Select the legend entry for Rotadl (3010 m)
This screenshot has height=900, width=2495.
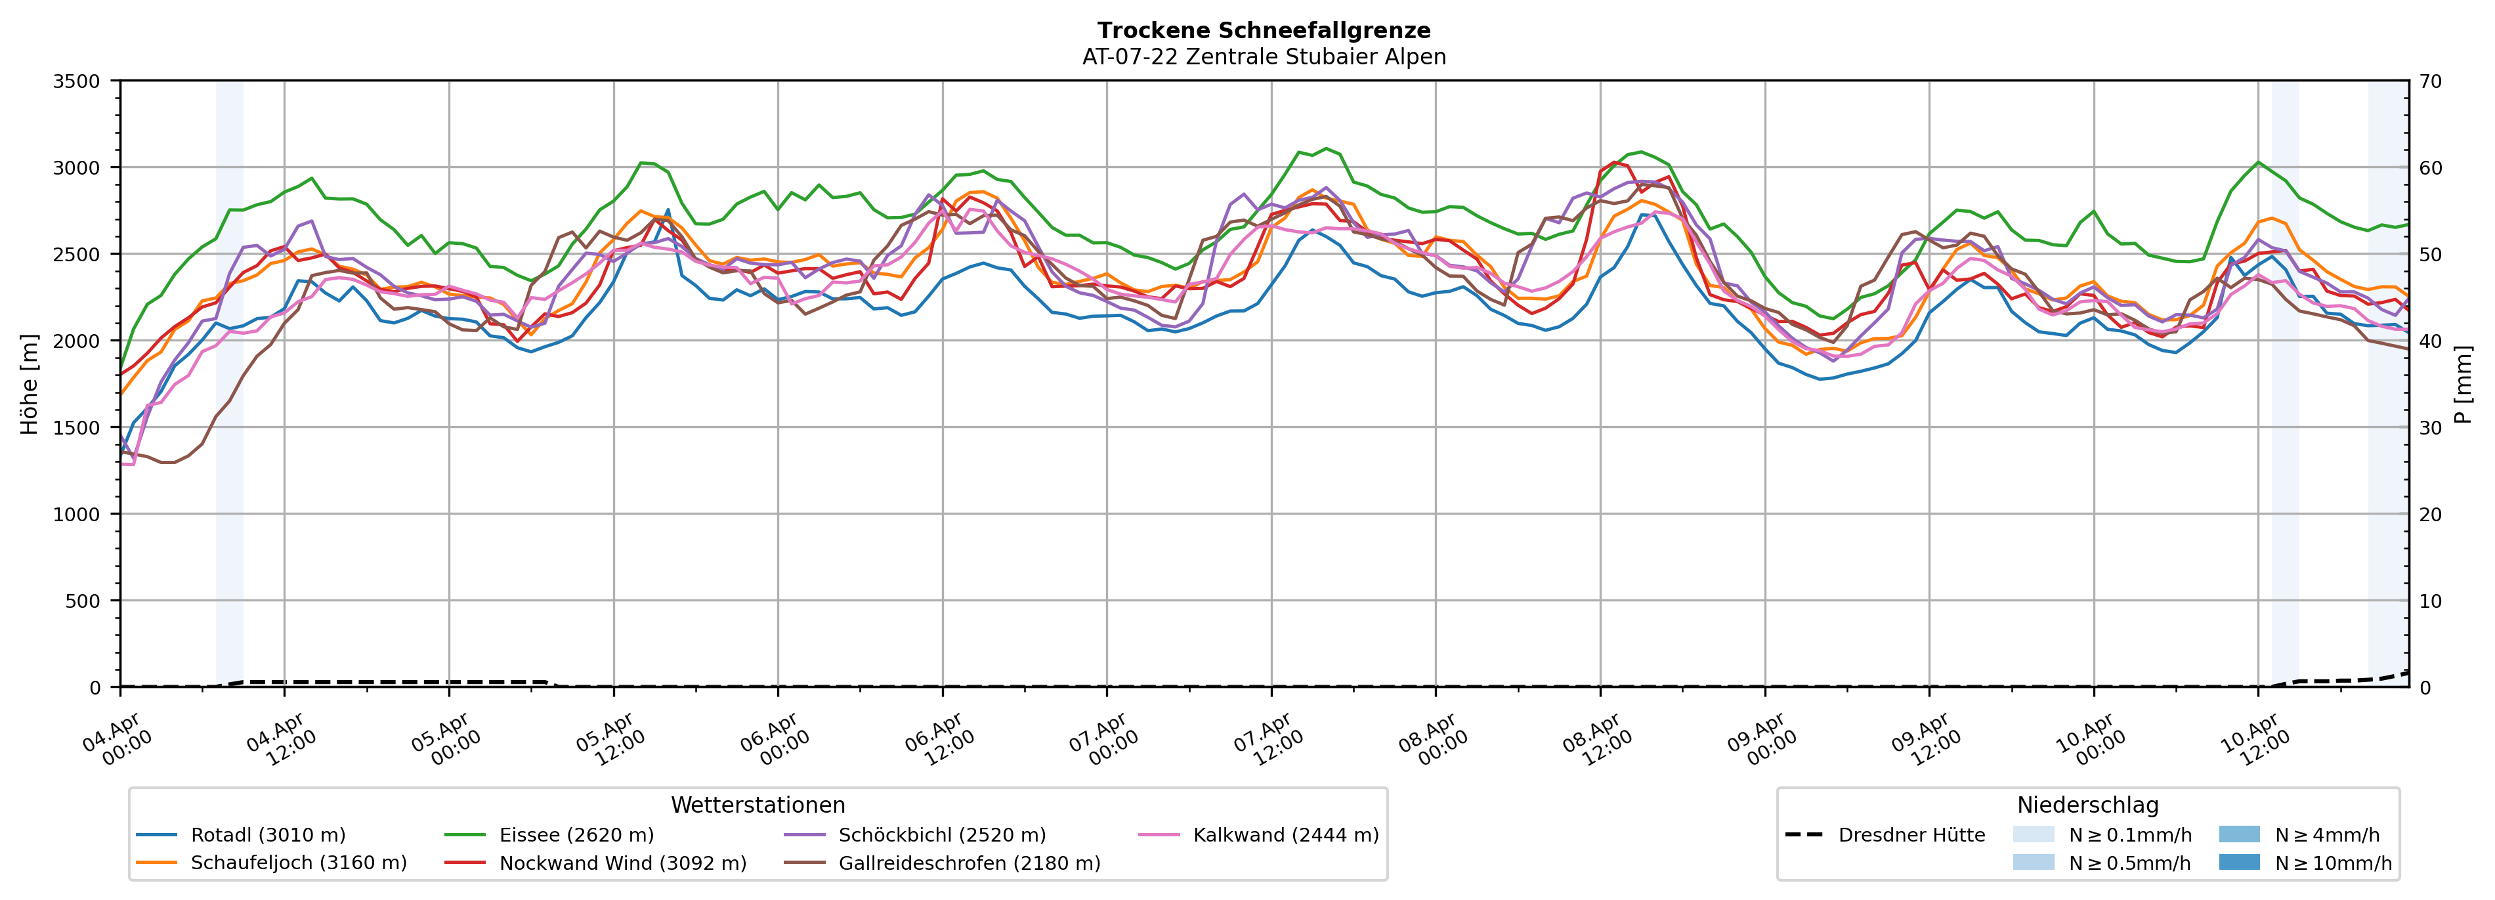(x=267, y=835)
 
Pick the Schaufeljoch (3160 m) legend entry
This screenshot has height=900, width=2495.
(x=298, y=863)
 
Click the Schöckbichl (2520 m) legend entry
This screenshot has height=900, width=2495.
(x=941, y=835)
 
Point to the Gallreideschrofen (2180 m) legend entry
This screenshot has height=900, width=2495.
(x=969, y=863)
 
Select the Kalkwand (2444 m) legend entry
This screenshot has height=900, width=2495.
(x=1285, y=835)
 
